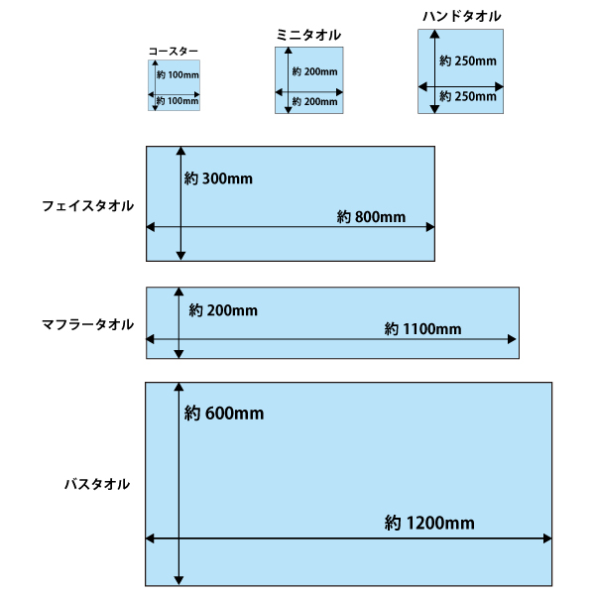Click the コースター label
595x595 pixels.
click(174, 51)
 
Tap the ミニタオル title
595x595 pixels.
click(307, 35)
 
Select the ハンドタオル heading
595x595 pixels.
click(461, 16)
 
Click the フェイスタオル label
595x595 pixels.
click(87, 205)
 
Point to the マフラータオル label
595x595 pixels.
click(87, 324)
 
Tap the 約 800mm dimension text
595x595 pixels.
click(371, 216)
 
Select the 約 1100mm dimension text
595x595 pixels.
click(422, 329)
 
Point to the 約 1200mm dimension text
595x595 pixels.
click(428, 524)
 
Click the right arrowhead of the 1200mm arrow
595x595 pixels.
click(548, 538)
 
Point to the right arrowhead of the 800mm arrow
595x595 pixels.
click(430, 227)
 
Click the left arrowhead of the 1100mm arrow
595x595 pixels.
click(151, 340)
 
